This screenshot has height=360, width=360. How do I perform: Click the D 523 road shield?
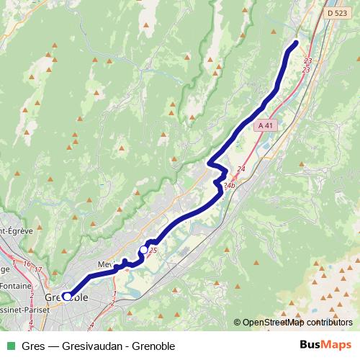[x=336, y=12]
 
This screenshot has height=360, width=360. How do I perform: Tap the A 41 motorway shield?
[x=266, y=125]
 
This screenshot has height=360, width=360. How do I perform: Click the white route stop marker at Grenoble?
[x=67, y=296]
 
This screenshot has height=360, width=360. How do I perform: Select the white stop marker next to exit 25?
[x=143, y=250]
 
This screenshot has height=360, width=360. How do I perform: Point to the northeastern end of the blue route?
[x=294, y=44]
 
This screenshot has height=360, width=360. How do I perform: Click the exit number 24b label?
[x=229, y=186]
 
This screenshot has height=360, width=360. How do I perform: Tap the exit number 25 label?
[x=153, y=250]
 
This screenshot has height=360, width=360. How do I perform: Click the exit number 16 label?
[x=27, y=264]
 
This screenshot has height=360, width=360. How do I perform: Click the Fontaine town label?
[x=12, y=286]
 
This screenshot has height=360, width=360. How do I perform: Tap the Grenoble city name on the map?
[x=66, y=297]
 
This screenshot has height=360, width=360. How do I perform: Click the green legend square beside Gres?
[x=10, y=346]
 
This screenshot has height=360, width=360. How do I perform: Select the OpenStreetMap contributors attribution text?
[x=297, y=323]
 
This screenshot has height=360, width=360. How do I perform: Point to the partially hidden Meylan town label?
[x=105, y=264]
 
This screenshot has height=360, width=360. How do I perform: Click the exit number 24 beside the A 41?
[x=240, y=169]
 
